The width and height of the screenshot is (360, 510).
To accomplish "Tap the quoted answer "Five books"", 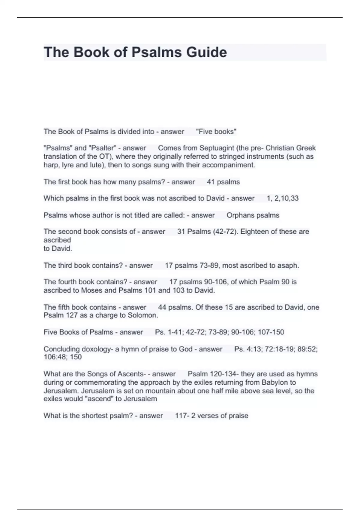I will click(x=216, y=132).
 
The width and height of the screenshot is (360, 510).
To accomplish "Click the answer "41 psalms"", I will click(x=223, y=182).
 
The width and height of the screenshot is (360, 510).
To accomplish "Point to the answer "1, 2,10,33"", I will click(x=283, y=198).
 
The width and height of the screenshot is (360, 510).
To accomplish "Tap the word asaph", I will click(x=289, y=265).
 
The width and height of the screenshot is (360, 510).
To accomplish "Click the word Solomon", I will click(x=143, y=315).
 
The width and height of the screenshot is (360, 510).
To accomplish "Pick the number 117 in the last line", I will click(x=180, y=416).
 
